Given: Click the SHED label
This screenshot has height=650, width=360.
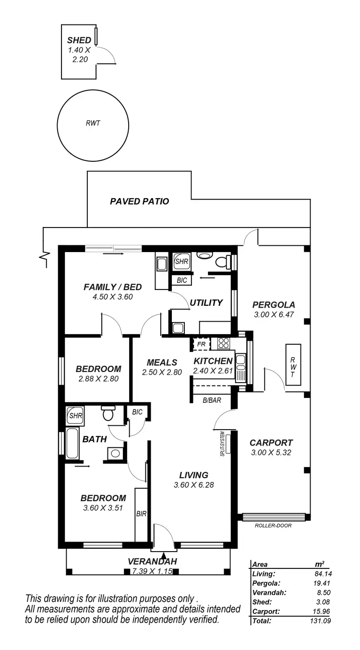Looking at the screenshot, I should (x=79, y=40).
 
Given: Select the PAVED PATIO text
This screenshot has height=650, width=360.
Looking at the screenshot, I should (x=140, y=202).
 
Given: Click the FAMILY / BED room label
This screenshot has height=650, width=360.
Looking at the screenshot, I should (x=113, y=287).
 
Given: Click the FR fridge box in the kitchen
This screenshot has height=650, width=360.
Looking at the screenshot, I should (x=201, y=344).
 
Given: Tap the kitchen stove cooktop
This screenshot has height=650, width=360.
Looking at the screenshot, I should (x=224, y=343).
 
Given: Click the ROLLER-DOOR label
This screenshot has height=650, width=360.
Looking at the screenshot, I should (x=274, y=525).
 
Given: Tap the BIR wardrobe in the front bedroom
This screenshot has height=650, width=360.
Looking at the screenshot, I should (x=141, y=514).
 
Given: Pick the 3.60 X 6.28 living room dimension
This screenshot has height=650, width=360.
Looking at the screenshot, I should (x=193, y=485).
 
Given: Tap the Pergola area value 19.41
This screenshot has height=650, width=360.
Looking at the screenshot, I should (x=323, y=583).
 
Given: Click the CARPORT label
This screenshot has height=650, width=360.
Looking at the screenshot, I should (x=271, y=443).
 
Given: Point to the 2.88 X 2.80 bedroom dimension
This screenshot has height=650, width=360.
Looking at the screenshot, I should (x=98, y=378).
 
